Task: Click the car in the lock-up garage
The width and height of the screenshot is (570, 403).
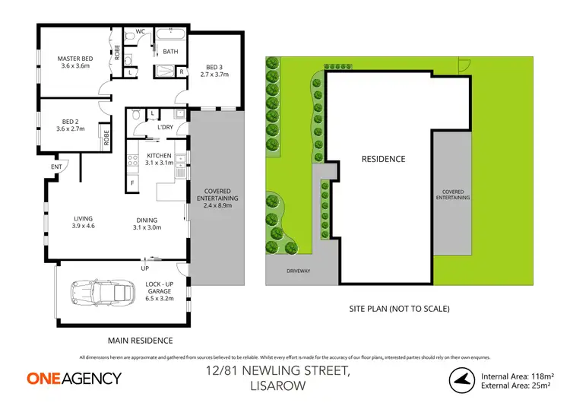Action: coord(100,291)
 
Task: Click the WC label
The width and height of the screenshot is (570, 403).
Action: coord(141,32)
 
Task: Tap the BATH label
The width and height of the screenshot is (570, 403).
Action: coord(170,51)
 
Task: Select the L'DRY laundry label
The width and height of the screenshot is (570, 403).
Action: coord(165,127)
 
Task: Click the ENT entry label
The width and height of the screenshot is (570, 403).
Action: coord(56,167)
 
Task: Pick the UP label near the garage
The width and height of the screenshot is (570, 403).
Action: coord(144,268)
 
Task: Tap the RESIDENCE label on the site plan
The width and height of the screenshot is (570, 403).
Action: coord(383,160)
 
